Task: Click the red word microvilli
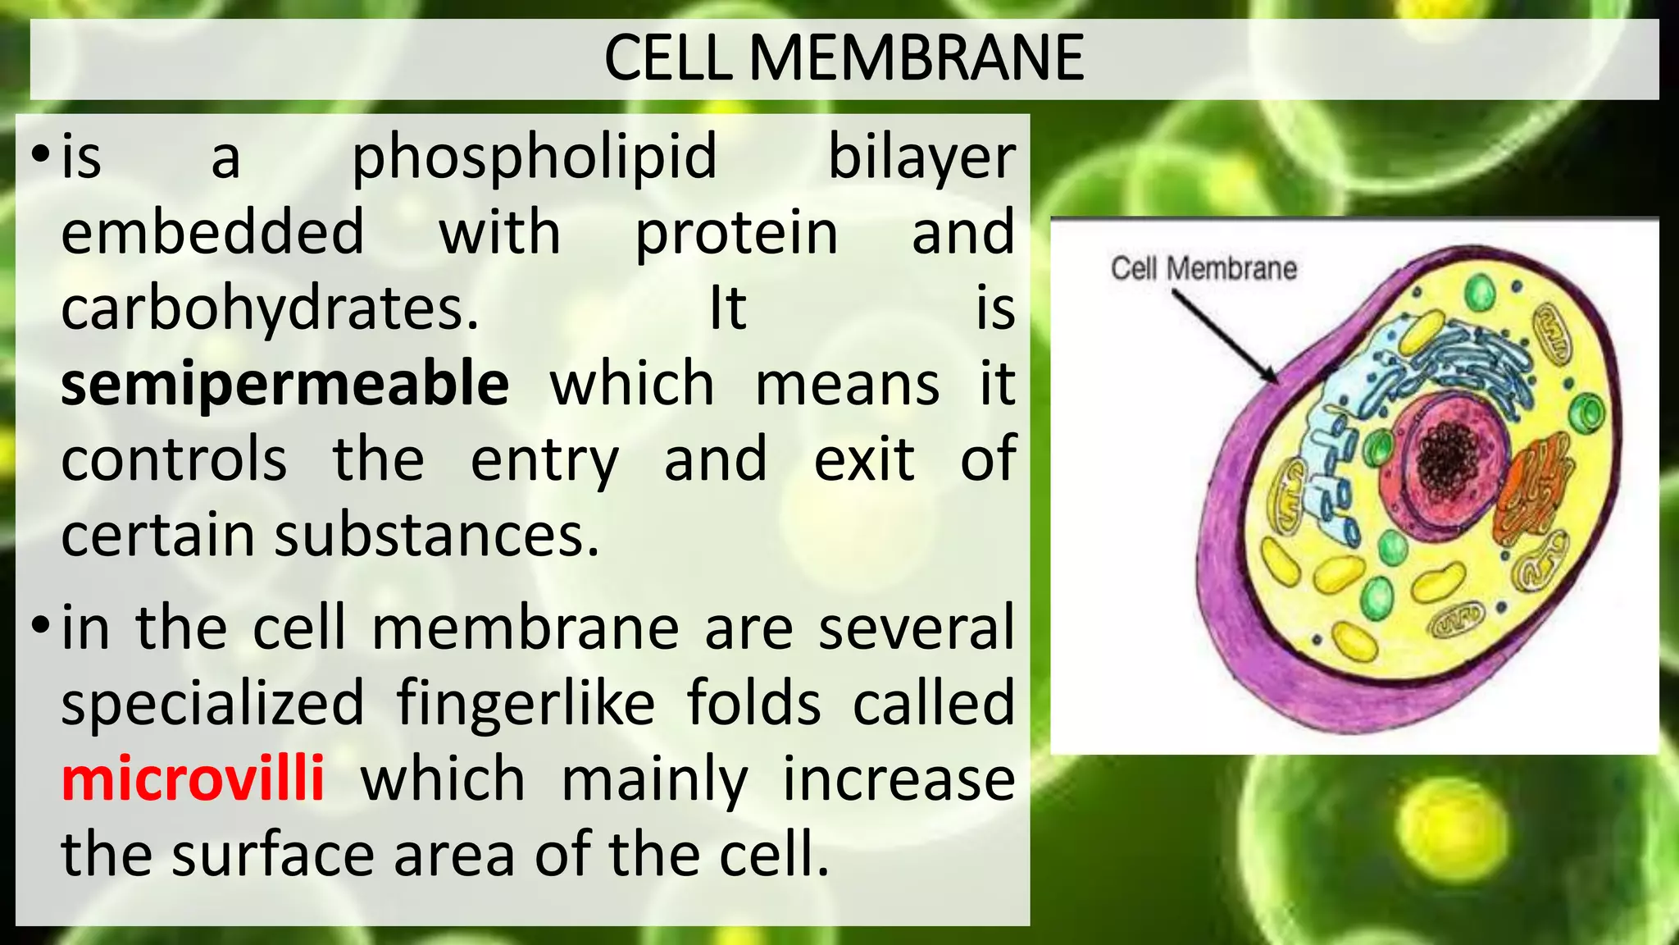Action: [x=193, y=778]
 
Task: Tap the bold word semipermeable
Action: [x=284, y=384]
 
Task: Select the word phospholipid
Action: [x=534, y=157]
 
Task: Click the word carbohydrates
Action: [x=270, y=309]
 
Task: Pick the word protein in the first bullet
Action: [x=736, y=233]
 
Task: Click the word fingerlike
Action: [x=526, y=703]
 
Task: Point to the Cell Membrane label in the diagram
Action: [x=1204, y=268]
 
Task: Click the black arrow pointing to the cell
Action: [x=1224, y=336]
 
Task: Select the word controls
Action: [x=174, y=459]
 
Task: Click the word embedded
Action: [x=212, y=232]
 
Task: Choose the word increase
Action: [x=899, y=778]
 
